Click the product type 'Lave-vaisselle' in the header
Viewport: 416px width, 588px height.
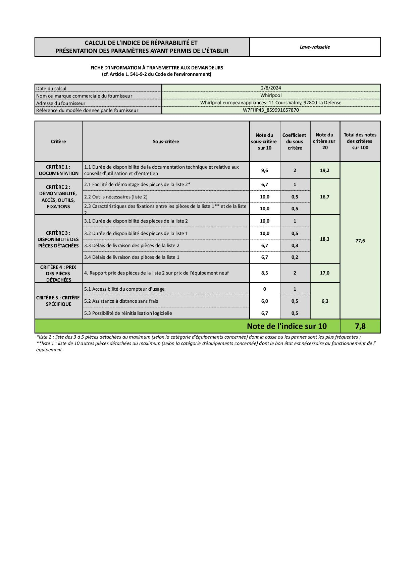tap(315, 47)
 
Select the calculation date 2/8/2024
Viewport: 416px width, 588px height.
tap(271, 88)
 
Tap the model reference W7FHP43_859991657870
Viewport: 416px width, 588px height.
tap(271, 110)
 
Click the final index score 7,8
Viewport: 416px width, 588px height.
tap(360, 326)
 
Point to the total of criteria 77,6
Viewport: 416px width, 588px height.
tap(360, 241)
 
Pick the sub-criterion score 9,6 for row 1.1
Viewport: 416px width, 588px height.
tap(264, 170)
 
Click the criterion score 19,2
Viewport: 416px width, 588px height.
tap(324, 170)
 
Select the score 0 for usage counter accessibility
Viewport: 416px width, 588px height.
tap(264, 289)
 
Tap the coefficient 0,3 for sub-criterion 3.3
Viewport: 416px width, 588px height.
tap(295, 245)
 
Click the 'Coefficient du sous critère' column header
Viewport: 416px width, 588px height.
tap(295, 141)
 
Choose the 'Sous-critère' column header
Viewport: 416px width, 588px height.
tap(166, 141)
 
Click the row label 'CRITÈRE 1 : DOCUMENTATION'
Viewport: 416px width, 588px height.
tap(58, 170)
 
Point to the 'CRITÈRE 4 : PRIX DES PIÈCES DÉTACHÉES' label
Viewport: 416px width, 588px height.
tap(58, 273)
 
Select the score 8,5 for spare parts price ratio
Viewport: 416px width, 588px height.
tap(264, 273)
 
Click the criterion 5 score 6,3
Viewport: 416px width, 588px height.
tap(324, 301)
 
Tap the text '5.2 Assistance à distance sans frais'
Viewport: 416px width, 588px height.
tap(121, 301)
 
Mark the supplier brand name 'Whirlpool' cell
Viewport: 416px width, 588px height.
tap(271, 95)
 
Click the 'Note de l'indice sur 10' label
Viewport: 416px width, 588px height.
tap(287, 326)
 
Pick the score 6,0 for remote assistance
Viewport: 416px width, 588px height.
tap(264, 301)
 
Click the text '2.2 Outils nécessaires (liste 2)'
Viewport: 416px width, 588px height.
tap(116, 197)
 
